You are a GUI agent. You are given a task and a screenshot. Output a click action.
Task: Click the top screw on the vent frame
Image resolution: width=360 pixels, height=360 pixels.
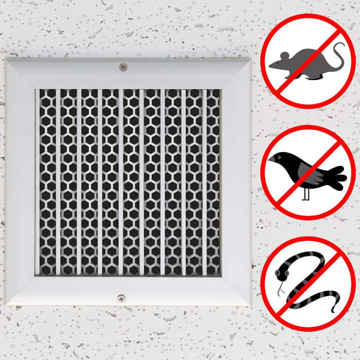(x=123, y=67)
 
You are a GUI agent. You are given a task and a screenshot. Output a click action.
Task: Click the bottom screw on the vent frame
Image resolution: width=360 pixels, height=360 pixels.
(x=121, y=298)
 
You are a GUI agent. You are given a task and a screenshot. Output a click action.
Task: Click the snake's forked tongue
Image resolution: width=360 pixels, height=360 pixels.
(x=278, y=292)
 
